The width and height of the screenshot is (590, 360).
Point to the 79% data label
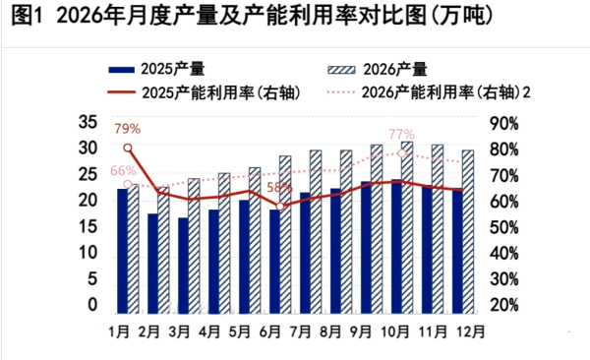pyautogui.click(x=127, y=129)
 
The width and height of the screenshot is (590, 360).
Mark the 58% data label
pyautogui.click(x=279, y=187)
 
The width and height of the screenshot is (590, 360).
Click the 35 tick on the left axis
pyautogui.click(x=88, y=123)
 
